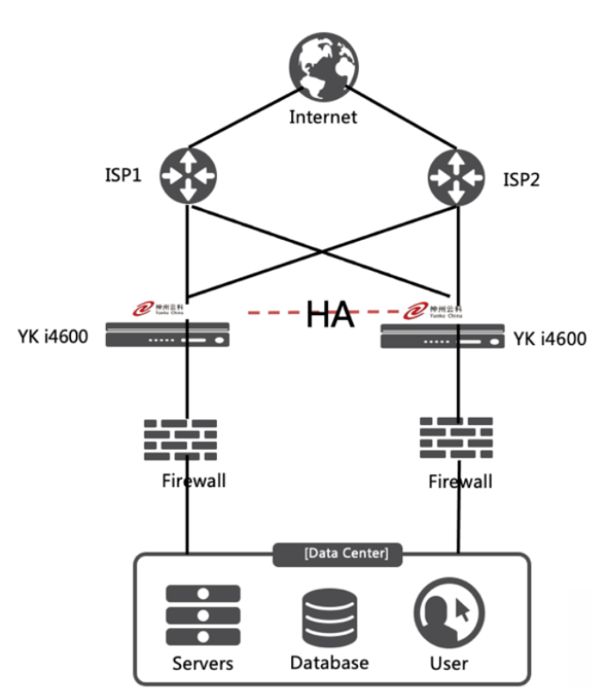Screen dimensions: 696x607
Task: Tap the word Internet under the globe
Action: coord(323,117)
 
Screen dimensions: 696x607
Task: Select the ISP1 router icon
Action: coord(188,175)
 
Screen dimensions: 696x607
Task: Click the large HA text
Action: coord(330,314)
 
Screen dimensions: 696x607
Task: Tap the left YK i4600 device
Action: coord(168,335)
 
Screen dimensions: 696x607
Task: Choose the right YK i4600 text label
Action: coord(550,338)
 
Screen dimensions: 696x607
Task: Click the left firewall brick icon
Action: coord(180,441)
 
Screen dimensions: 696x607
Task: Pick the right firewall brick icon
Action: coord(456,438)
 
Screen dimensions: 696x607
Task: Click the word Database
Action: coord(329,662)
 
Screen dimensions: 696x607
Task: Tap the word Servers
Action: coord(202,663)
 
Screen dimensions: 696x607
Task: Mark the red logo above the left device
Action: coord(150,308)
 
